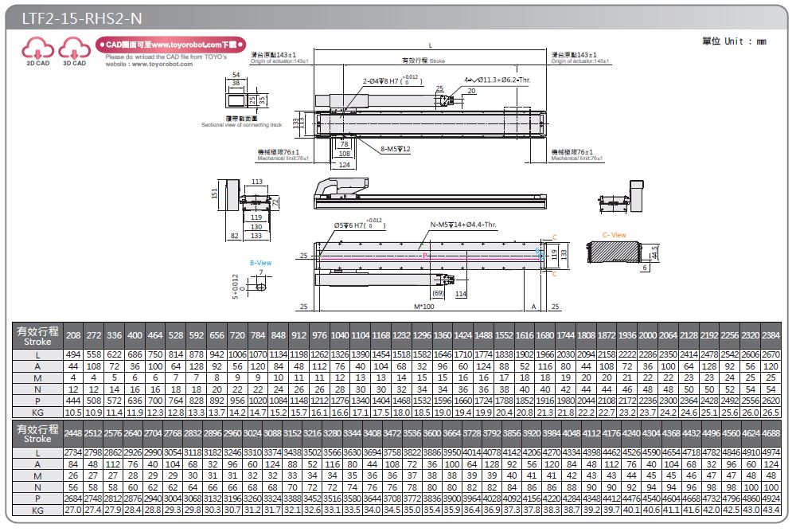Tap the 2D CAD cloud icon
coord(37,52)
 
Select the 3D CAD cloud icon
coord(74,52)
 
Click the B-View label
coord(260,262)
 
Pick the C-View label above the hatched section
coord(614,235)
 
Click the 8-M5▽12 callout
coord(396,149)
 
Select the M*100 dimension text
coord(424,307)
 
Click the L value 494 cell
coord(73,354)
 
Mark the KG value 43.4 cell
coord(771,510)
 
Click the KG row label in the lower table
coord(37,510)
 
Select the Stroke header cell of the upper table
coord(37,335)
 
